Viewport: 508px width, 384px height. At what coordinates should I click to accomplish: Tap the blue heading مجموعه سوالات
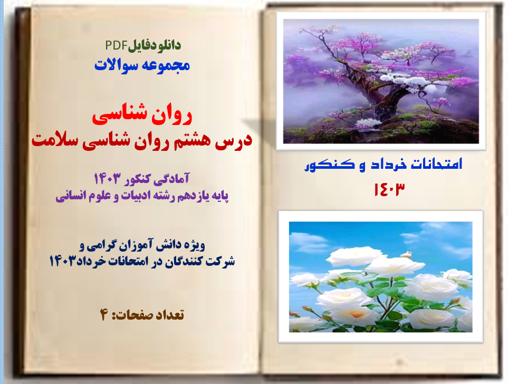[x=141, y=65]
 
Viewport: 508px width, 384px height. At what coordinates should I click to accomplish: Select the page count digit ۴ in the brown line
[x=103, y=315]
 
